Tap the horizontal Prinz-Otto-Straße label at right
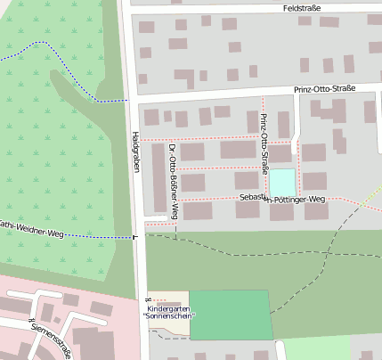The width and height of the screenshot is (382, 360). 324,89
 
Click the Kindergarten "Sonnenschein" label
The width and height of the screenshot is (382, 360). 169,312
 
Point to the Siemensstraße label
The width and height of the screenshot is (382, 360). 49,339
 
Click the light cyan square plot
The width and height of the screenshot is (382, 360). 281,181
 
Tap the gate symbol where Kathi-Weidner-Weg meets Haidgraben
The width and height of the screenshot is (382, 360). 134,237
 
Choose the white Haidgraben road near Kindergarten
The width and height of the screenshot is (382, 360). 142,285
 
